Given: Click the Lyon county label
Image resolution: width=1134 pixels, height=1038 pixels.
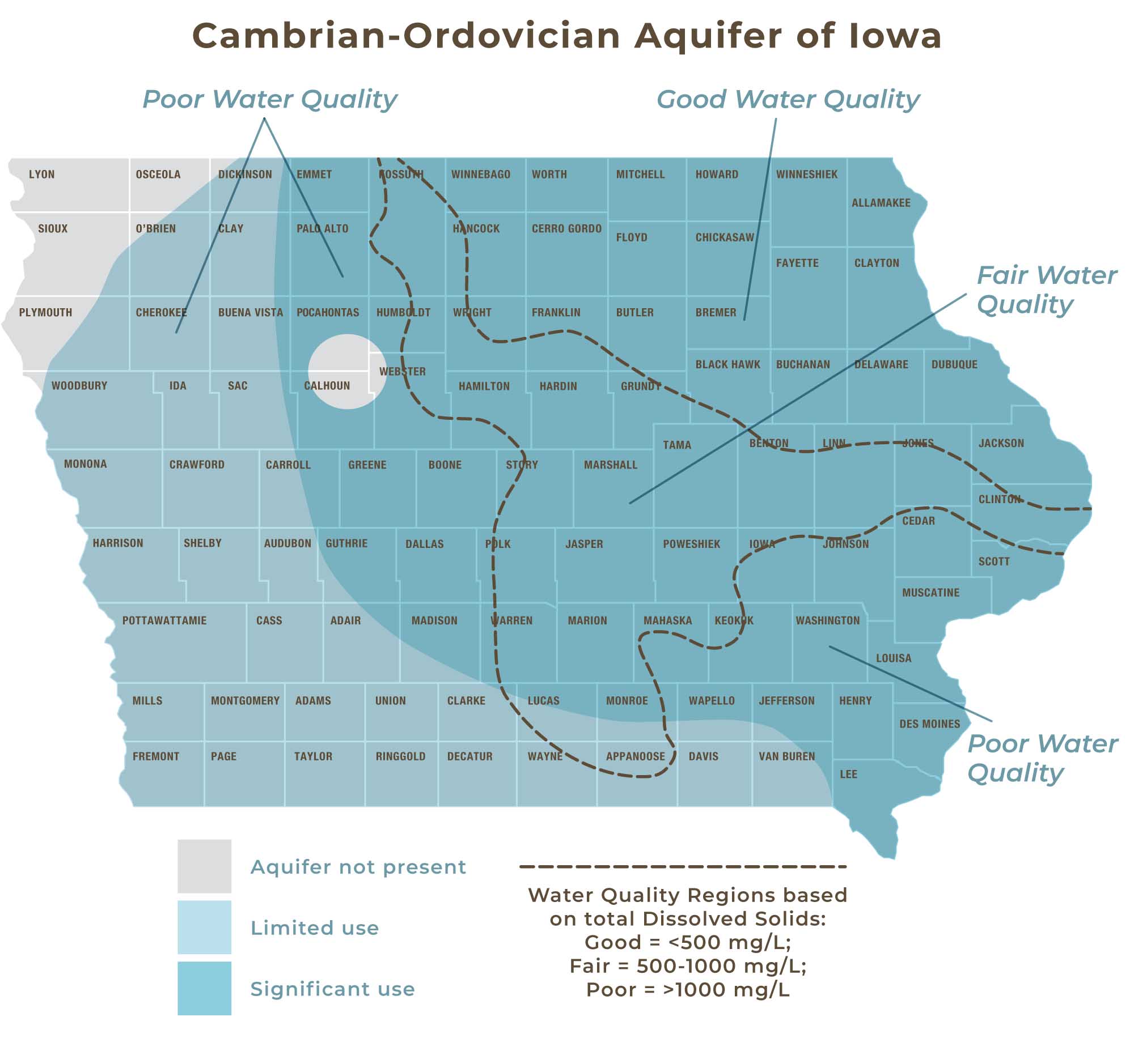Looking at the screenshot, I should (x=42, y=175).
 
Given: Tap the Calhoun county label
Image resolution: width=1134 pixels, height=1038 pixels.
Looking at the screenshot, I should (x=327, y=386).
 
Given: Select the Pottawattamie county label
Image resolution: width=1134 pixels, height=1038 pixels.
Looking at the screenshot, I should (x=164, y=620).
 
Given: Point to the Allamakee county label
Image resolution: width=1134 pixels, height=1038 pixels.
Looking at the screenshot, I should (x=881, y=203).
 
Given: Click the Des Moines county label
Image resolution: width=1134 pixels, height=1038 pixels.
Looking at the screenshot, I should (x=929, y=724).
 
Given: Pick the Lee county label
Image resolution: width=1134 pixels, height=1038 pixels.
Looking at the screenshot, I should (x=848, y=775).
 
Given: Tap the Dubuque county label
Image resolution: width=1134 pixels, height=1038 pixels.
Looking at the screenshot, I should (x=954, y=364).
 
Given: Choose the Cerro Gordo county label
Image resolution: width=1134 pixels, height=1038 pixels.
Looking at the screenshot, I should (x=566, y=229).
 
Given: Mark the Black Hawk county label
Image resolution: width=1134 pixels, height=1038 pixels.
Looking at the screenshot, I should (x=727, y=364).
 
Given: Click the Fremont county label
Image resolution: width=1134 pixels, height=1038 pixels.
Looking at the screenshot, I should (x=156, y=756).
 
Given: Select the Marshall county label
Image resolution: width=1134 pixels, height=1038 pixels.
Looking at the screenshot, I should (x=611, y=465).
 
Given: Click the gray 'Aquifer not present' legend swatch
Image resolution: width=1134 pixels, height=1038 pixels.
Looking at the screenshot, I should (x=204, y=866).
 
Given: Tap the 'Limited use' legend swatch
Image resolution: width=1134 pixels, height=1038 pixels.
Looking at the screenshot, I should (x=204, y=928).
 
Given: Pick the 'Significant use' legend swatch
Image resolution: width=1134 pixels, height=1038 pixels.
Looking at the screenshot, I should (x=204, y=989).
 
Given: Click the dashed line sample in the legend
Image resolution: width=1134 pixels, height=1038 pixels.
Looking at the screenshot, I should (x=683, y=866).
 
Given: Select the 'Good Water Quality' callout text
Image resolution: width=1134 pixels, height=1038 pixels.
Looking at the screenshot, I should (x=788, y=100).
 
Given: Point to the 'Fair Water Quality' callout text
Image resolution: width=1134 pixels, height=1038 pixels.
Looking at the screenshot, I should (x=1046, y=290).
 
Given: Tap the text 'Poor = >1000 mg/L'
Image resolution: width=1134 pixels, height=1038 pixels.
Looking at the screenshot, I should (x=688, y=989).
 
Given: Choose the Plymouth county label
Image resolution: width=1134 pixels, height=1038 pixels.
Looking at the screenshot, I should (x=45, y=313).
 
